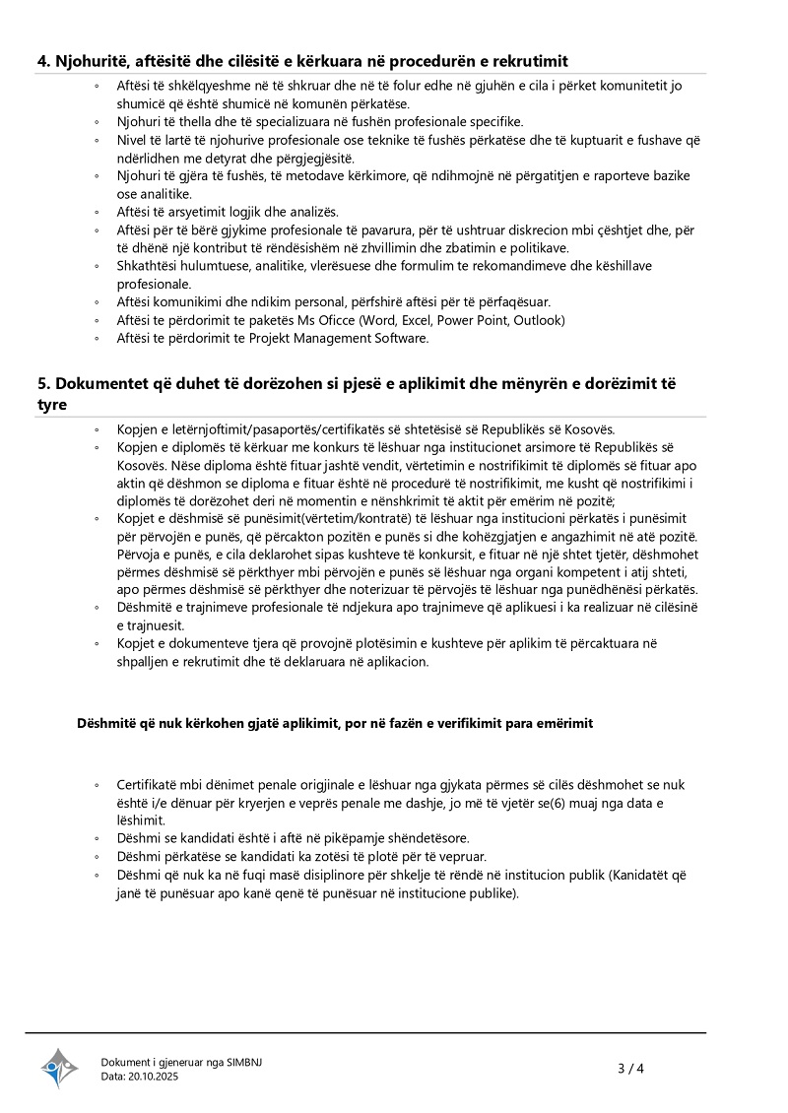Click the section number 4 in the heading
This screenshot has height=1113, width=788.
[43, 61]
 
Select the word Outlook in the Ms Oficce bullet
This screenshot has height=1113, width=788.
[539, 320]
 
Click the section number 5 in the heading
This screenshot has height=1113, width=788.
[43, 383]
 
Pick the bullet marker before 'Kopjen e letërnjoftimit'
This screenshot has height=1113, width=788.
[97, 430]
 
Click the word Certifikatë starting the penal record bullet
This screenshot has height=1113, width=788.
[149, 785]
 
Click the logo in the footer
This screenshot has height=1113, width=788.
[59, 1068]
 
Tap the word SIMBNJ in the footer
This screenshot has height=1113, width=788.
[244, 1062]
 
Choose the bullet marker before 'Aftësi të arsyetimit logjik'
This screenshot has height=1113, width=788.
[97, 213]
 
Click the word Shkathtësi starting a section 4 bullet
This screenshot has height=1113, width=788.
[149, 266]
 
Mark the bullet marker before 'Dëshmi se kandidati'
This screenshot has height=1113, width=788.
[97, 838]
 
